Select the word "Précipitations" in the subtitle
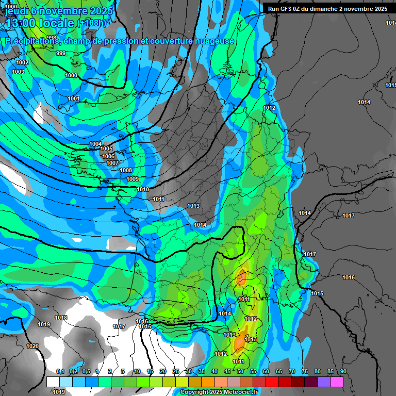[x=31, y=41]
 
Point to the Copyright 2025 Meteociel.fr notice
[x=219, y=392]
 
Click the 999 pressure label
[x=61, y=53]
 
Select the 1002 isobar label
[x=22, y=62]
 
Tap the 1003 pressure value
[x=18, y=72]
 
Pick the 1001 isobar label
[x=74, y=98]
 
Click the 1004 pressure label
[x=95, y=144]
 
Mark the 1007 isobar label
[x=112, y=163]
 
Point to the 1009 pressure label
[x=133, y=179]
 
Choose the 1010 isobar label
[x=143, y=189]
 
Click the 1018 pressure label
[x=61, y=318]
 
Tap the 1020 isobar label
[x=32, y=346]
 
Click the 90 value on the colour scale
[x=343, y=371]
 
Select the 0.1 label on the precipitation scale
[x=60, y=371]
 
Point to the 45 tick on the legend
[x=227, y=371]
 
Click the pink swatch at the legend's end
[x=337, y=382]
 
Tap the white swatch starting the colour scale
[x=53, y=382]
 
